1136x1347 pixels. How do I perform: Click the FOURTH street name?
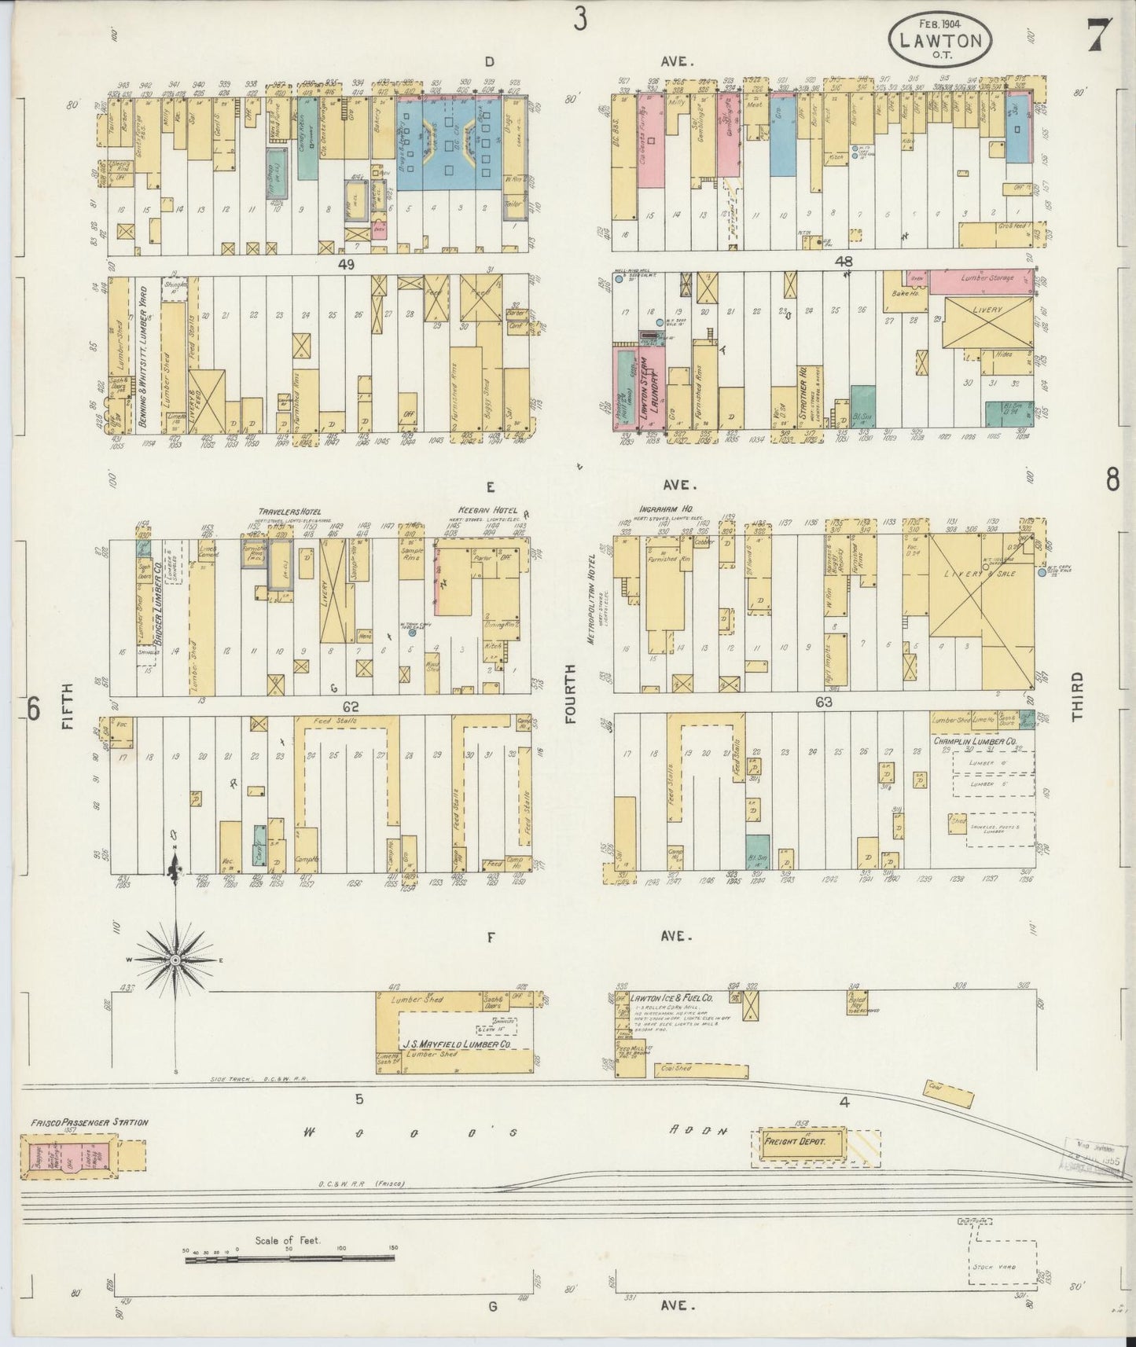570,692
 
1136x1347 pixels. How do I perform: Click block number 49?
345,265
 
